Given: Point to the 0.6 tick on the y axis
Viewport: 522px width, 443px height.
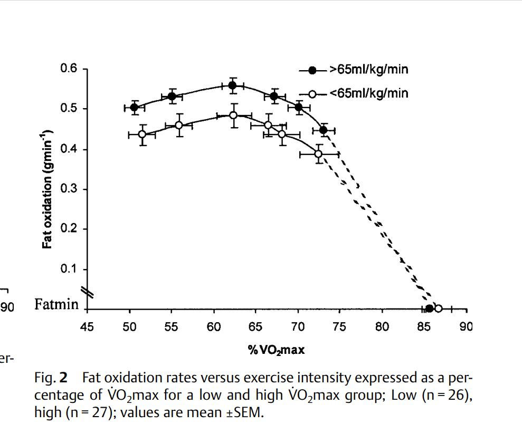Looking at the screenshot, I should (70, 69).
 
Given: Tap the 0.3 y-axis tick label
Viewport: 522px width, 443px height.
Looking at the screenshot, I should (70, 189).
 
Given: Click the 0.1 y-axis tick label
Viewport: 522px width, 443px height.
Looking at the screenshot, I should (70, 269).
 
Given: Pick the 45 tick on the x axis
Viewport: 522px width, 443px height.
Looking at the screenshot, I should (87, 327).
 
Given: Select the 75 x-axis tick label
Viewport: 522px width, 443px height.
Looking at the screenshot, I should (339, 327).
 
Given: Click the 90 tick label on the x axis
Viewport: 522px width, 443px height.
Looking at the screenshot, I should (466, 327).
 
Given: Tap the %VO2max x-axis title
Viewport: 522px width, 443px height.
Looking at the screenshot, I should (276, 350).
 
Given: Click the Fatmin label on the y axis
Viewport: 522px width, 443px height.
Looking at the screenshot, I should (56, 305).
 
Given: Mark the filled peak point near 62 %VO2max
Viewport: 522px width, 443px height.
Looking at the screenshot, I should (232, 85).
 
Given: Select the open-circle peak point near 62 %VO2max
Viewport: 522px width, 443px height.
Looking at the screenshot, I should (234, 115).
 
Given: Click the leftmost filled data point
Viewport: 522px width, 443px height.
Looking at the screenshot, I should (134, 107).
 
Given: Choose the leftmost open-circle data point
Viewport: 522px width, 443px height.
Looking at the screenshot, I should (142, 134).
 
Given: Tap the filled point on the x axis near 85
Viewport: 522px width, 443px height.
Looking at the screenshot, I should (430, 309).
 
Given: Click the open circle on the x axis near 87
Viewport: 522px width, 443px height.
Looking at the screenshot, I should (438, 309).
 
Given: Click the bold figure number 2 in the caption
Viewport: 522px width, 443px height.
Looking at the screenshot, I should (63, 378).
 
